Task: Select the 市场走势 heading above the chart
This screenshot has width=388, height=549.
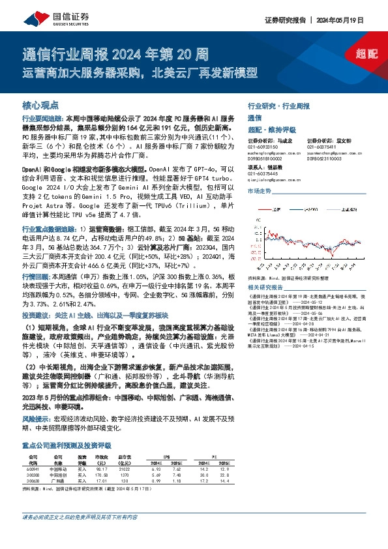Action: point(260,191)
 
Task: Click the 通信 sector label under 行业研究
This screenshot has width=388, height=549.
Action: point(254,118)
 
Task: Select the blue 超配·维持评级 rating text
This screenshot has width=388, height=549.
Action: point(267,129)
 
